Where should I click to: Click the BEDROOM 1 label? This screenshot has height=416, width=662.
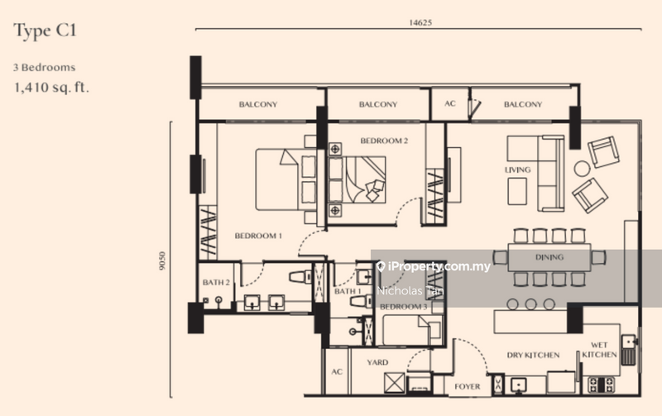[x=258, y=236]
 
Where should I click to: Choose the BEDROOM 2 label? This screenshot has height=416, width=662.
[x=384, y=141]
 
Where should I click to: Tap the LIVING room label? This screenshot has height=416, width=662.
[x=517, y=170]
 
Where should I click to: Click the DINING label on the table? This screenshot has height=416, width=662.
[x=549, y=257]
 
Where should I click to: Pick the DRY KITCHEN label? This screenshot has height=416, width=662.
[x=533, y=356]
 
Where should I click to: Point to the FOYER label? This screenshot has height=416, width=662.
[x=468, y=385]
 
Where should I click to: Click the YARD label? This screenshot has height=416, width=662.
[x=377, y=362]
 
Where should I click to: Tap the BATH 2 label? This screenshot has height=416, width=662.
[x=215, y=283]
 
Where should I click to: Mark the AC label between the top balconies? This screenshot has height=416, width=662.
[x=450, y=104]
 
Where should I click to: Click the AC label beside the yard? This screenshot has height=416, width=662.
[x=336, y=372]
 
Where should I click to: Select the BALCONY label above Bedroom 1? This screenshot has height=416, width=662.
[x=258, y=104]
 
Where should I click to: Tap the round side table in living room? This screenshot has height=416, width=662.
[x=583, y=169]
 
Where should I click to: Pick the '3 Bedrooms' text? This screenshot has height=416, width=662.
[x=46, y=67]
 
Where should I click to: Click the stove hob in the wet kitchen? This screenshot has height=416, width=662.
[x=601, y=384]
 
